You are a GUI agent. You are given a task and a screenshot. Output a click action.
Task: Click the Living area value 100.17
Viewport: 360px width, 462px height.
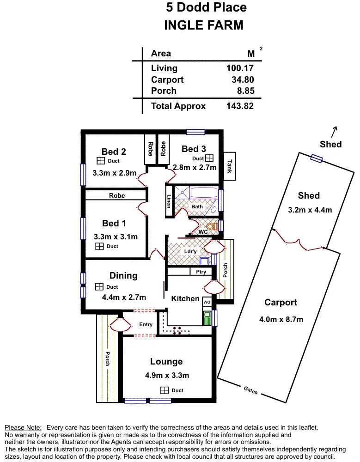coord(240,68)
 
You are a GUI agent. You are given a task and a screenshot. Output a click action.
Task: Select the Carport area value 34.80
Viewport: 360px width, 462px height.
coord(243,79)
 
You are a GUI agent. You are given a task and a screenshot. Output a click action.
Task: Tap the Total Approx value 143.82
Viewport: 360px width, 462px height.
coord(240,106)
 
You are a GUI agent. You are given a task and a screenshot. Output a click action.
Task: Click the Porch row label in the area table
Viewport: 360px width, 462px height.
coord(164,91)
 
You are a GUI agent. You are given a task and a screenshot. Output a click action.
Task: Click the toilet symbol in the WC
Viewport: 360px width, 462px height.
coord(213,226)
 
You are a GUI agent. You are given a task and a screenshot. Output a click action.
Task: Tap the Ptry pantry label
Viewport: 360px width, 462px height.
coord(201,272)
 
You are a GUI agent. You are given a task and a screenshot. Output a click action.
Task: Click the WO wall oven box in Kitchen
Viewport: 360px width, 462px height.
coord(207,302)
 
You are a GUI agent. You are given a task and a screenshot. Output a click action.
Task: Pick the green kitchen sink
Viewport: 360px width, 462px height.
coord(207,318)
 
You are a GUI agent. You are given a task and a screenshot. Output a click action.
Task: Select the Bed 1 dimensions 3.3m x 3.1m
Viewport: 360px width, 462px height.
coord(116,237)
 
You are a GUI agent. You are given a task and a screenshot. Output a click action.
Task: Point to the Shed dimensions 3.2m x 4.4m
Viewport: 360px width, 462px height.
coord(310,210)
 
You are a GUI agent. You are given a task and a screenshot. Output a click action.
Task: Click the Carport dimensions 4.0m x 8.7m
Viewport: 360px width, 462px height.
coord(281,319)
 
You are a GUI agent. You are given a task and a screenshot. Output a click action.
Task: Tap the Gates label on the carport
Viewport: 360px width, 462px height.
coord(251,390)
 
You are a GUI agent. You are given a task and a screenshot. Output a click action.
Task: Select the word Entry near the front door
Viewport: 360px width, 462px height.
coord(146,324)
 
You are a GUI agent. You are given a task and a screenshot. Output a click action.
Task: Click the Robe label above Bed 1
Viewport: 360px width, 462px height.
coord(117,195)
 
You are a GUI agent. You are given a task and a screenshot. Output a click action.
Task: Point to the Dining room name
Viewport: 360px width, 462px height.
coord(123,275)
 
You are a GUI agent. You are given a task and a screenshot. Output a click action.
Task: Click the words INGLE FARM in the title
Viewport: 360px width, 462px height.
coord(203,25)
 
